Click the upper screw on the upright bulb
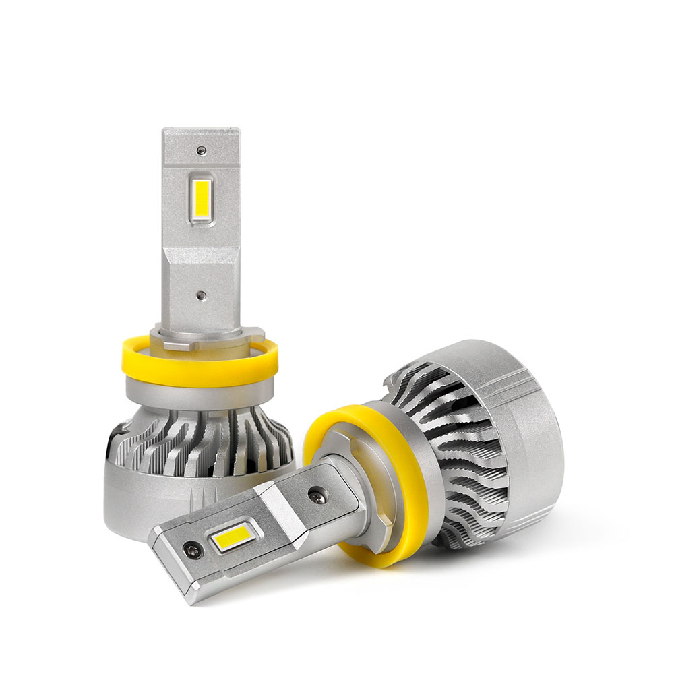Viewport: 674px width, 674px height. [x=200, y=150]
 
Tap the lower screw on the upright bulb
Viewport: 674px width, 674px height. [x=200, y=295]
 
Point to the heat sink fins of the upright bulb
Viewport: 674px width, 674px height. [x=202, y=441]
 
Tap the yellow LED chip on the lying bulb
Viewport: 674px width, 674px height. [x=234, y=539]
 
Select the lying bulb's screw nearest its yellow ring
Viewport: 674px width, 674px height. [x=315, y=497]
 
